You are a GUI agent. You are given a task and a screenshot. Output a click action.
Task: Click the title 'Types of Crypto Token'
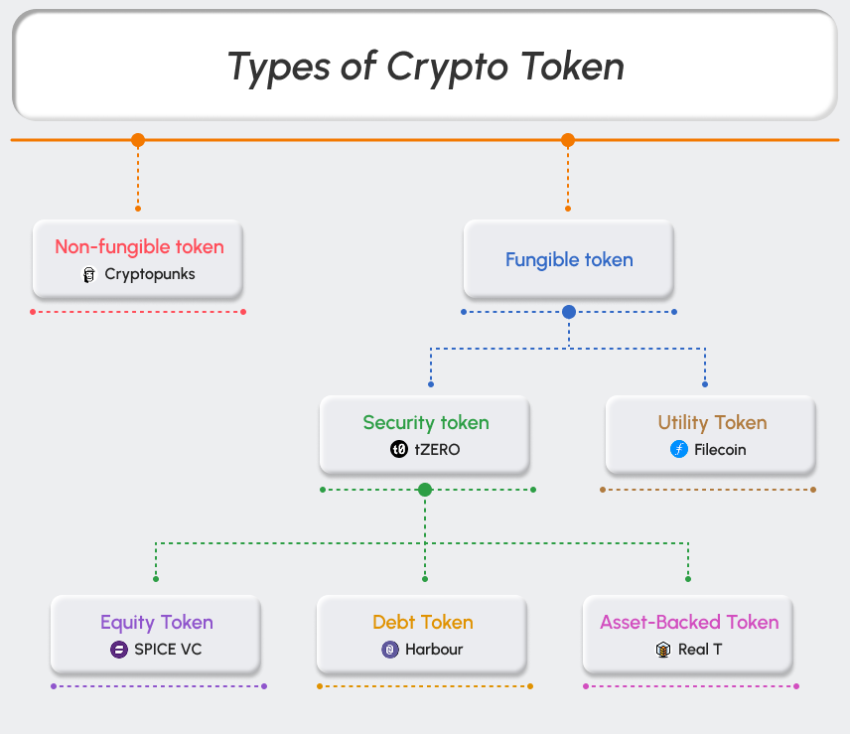[425, 67]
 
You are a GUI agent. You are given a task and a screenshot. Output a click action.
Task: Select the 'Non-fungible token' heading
[139, 247]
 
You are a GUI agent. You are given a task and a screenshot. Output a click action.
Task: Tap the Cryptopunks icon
[89, 274]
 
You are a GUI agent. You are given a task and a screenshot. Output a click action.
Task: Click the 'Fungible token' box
[568, 260]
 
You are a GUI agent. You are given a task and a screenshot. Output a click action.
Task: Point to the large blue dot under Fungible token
[569, 312]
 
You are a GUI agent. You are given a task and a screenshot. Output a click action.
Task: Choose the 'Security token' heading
[426, 423]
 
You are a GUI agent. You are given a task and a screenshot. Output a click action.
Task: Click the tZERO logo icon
[399, 449]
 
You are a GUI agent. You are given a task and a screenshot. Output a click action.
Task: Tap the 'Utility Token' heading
[712, 423]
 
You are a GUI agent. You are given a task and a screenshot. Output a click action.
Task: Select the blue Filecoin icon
[679, 449]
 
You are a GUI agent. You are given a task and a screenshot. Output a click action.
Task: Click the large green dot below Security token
[425, 490]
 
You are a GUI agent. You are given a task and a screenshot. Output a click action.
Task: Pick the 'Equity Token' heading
[157, 623]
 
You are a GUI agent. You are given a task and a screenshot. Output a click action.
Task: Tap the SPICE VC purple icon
[118, 650]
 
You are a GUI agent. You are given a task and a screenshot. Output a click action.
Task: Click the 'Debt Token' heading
[423, 623]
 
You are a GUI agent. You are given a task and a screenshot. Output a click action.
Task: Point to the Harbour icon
[390, 650]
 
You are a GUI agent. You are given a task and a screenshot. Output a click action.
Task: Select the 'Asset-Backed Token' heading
[689, 623]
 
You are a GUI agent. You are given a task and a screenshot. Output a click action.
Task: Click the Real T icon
[663, 650]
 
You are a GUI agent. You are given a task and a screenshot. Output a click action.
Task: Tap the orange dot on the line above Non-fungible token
[138, 140]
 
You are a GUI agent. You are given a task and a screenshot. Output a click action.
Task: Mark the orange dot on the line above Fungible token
[568, 140]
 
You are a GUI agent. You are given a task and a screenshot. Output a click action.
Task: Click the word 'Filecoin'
[720, 449]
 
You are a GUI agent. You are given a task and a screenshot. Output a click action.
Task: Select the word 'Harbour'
[434, 650]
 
